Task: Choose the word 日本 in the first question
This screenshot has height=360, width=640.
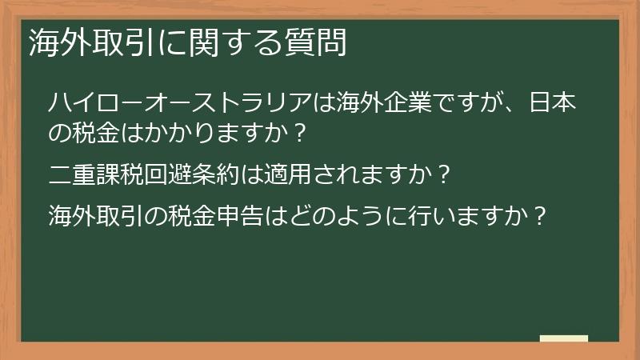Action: (557, 103)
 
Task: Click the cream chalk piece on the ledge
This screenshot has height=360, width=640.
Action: (564, 338)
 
